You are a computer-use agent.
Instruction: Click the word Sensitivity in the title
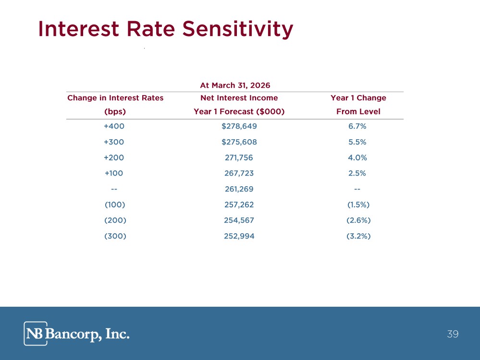[x=237, y=29]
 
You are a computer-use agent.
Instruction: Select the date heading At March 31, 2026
[x=235, y=85]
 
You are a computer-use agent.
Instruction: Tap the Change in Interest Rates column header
[x=115, y=98]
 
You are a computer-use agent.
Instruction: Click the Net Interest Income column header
[x=239, y=98]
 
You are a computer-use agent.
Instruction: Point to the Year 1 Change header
[x=358, y=98]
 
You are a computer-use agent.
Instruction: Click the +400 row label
[x=114, y=126]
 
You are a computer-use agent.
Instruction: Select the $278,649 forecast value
[x=239, y=126]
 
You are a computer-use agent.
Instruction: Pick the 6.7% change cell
[x=357, y=126]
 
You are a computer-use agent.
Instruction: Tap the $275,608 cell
[x=239, y=142]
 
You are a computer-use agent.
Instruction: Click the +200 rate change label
[x=114, y=157]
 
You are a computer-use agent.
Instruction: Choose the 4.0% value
[x=357, y=157]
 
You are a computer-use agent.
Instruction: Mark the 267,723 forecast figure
[x=239, y=173]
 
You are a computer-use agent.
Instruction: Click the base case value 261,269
[x=239, y=189]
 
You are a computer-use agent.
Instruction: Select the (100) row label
[x=115, y=204]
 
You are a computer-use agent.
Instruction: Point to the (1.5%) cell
[x=358, y=204]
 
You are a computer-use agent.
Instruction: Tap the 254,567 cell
[x=239, y=220]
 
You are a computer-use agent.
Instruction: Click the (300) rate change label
[x=115, y=236]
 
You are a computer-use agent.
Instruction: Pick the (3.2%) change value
[x=358, y=236]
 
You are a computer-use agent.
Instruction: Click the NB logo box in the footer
[x=36, y=334]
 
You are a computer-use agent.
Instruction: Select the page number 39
[x=453, y=334]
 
